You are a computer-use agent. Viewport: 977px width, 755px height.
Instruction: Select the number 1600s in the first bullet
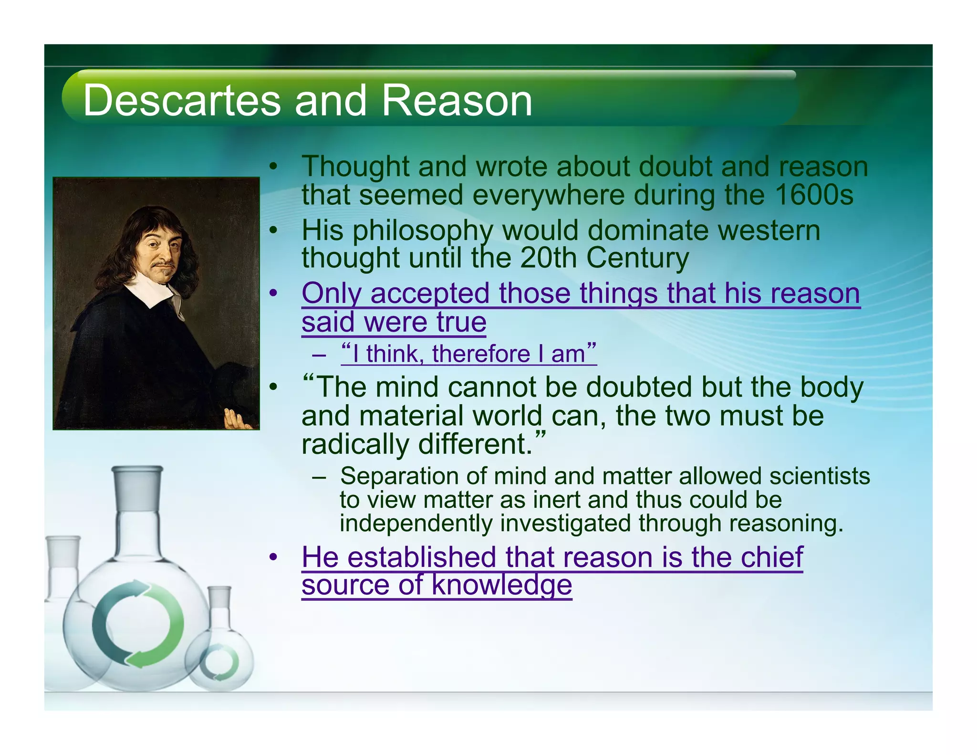(x=814, y=195)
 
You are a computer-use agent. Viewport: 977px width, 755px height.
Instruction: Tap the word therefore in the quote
(x=481, y=354)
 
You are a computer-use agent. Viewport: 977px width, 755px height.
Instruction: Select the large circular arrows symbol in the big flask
(x=138, y=624)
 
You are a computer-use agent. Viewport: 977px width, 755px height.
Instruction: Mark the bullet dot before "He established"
(x=273, y=557)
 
